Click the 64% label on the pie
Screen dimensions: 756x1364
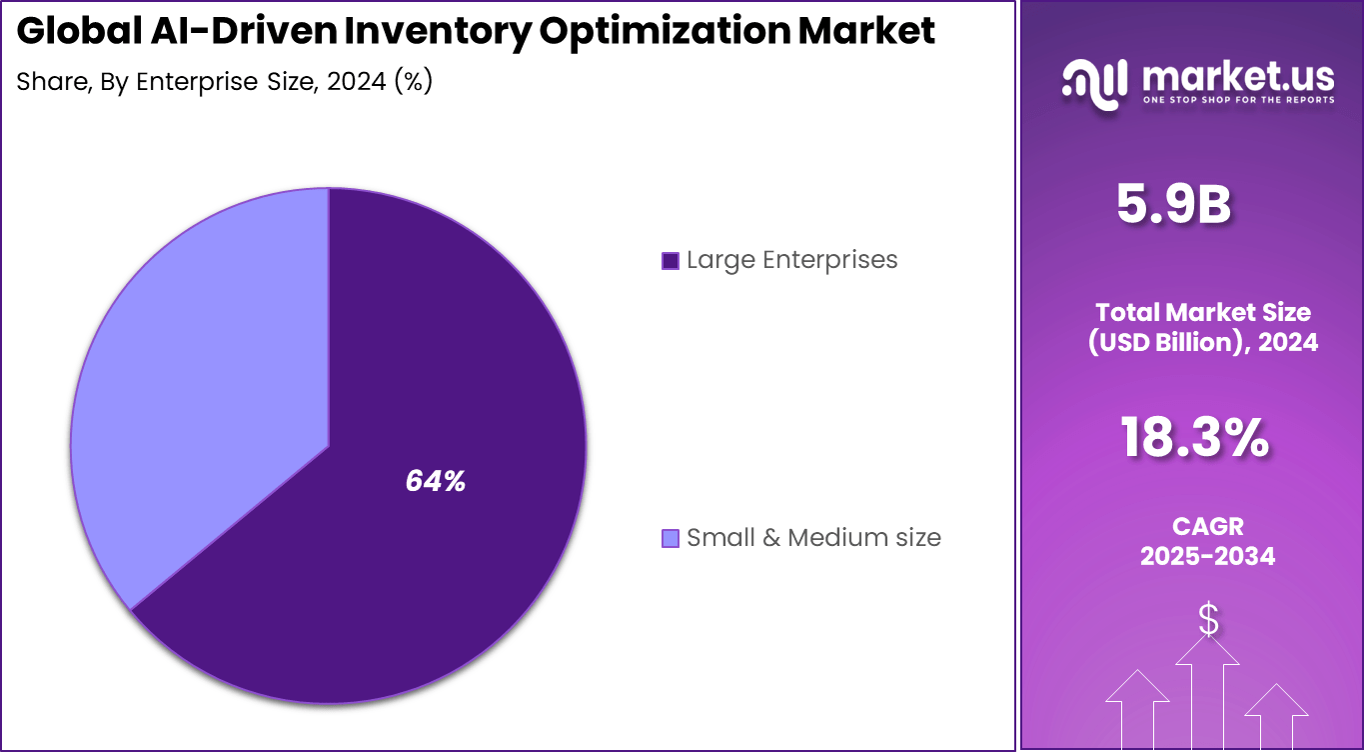pos(435,482)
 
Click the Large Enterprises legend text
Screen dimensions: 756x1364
pos(791,260)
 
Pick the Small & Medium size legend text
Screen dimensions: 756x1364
pos(813,538)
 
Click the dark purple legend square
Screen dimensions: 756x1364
pos(671,261)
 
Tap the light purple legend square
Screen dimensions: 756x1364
pos(671,539)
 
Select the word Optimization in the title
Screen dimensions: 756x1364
pos(664,32)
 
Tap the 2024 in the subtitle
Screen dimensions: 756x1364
pos(355,82)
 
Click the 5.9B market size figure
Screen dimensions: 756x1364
pos(1173,205)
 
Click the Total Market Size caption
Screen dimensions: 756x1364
pos(1202,312)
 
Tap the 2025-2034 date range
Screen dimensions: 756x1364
pos(1207,556)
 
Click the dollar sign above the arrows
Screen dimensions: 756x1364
pos(1208,620)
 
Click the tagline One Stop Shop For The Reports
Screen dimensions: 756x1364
pos(1237,100)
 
